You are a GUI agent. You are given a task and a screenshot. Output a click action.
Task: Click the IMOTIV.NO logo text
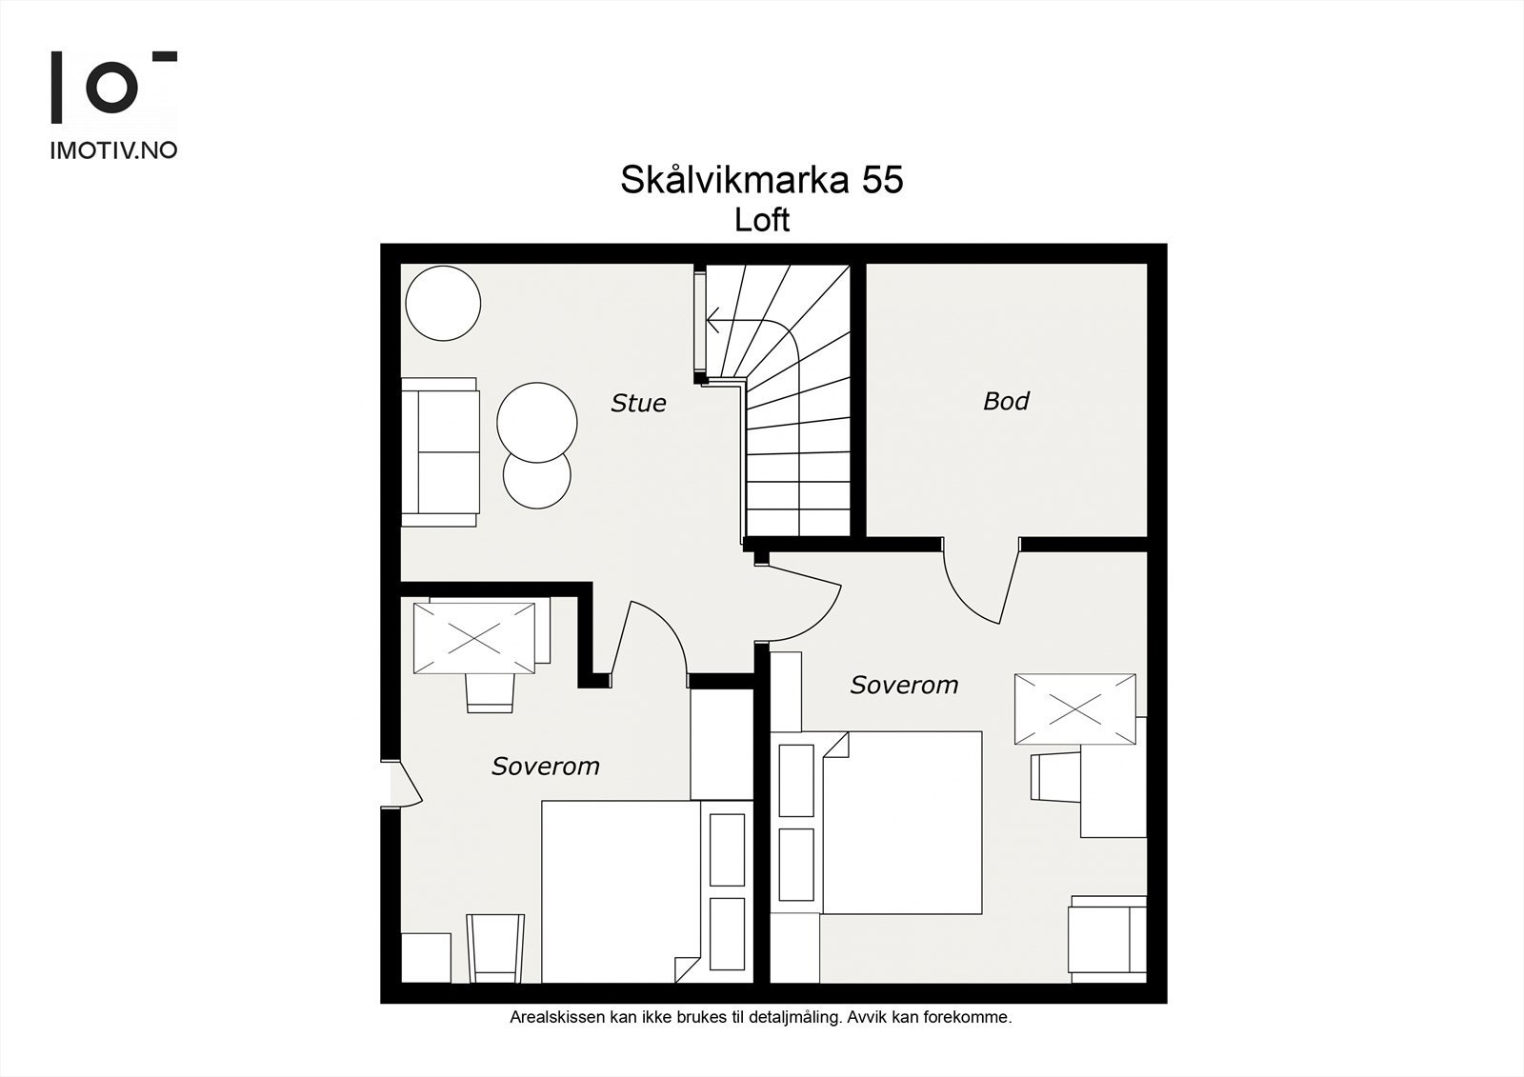pos(113,150)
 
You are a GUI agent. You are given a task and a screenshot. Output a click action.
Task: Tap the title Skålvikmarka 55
pos(761,179)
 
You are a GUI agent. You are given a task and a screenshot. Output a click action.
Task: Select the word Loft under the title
pos(762,220)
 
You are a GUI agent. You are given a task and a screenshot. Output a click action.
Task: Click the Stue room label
pos(638,403)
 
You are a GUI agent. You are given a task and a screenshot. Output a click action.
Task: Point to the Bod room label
pos(1006,401)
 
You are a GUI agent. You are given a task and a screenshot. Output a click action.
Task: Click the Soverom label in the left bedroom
pos(545,766)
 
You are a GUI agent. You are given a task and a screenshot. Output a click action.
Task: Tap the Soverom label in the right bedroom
pos(904,685)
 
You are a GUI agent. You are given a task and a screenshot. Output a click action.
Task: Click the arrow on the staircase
pos(712,321)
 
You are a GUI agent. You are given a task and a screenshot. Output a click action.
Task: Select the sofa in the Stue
pos(439,452)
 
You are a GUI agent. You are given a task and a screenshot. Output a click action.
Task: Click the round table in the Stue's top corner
pos(443,303)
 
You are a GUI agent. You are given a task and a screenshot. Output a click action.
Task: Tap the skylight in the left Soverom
pos(474,637)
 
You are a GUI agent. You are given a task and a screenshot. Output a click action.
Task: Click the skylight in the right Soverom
pos(1074,709)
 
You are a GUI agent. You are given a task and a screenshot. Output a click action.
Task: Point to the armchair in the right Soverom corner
pos(1107,938)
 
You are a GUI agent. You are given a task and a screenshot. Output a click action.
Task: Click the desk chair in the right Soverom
pos(1053,777)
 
